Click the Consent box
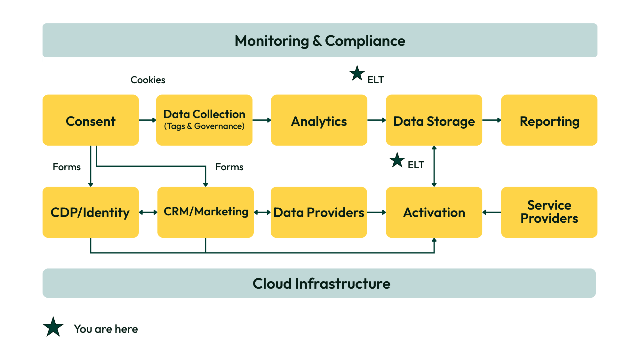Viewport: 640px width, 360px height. click(91, 120)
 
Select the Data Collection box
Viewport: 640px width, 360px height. click(204, 120)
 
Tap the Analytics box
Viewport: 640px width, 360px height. click(319, 120)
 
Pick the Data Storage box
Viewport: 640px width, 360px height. click(434, 120)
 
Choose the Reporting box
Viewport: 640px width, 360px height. click(549, 120)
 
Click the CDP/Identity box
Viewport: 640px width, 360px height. click(91, 212)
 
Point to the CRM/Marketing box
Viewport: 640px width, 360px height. click(205, 212)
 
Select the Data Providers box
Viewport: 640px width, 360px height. click(319, 212)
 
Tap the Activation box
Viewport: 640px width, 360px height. click(434, 212)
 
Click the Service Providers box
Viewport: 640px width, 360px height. click(549, 212)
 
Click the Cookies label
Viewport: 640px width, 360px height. click(148, 80)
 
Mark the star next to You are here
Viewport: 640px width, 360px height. click(53, 327)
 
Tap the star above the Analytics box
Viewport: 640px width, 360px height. click(357, 74)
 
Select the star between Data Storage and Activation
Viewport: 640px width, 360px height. click(397, 160)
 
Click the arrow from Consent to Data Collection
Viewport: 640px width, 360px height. click(148, 120)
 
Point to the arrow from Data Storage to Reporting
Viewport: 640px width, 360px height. click(492, 120)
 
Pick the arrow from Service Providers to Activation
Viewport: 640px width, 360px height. click(492, 212)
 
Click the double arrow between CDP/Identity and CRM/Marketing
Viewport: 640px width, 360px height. click(148, 212)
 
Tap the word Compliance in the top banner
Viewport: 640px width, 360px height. click(365, 41)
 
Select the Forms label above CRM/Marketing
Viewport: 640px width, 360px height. click(229, 167)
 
